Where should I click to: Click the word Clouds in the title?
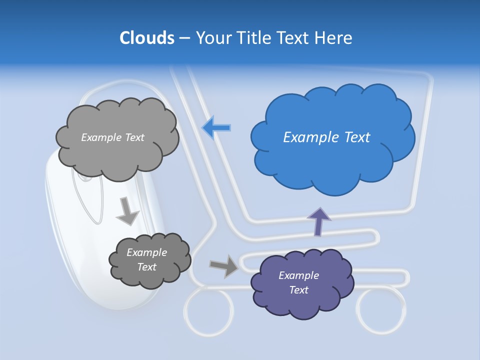146,38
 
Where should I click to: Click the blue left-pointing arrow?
216,128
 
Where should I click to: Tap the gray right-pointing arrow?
224,266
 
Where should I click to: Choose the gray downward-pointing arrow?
127,211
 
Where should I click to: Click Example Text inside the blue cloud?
326,137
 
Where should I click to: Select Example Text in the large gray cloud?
112,137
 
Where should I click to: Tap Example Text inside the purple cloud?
298,282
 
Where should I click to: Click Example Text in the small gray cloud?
146,259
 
